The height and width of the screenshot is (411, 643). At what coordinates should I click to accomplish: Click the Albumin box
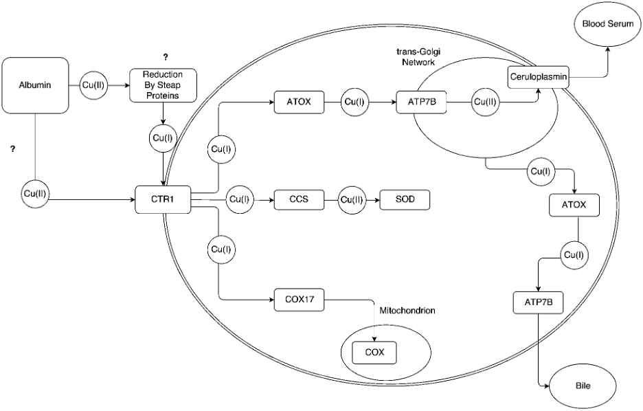click(35, 85)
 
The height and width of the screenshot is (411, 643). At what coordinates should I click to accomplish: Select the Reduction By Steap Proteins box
click(163, 85)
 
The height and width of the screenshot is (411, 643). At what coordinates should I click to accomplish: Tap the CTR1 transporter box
click(161, 200)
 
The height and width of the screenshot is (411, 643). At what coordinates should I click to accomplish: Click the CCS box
click(299, 200)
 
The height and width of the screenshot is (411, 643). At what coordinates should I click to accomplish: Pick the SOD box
click(404, 200)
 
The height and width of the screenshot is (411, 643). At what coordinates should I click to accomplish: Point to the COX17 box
click(299, 299)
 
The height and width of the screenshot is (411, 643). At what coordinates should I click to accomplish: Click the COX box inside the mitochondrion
click(374, 353)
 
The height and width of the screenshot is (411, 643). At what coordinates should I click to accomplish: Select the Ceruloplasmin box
click(538, 77)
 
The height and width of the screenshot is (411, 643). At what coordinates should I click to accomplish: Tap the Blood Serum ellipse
click(602, 24)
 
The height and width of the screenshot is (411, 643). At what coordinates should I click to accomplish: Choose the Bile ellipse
click(583, 386)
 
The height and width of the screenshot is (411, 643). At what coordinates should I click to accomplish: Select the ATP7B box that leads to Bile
click(538, 302)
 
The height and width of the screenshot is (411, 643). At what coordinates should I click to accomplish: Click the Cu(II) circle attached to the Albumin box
click(94, 85)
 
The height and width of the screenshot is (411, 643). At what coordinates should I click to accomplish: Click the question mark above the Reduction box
click(165, 56)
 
